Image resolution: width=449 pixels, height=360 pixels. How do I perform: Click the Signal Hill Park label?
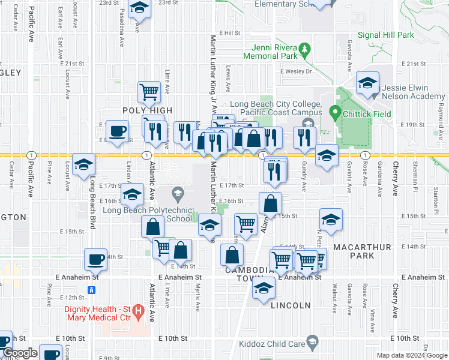click(386, 35)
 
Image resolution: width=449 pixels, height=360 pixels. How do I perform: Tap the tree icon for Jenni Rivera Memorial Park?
click(305, 47)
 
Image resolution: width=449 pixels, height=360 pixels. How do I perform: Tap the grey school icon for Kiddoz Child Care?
click(312, 343)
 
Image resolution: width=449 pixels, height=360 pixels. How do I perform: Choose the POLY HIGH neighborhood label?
click(147, 110)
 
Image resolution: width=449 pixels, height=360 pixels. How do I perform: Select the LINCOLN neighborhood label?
click(291, 305)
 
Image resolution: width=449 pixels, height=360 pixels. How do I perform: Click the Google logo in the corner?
click(20, 353)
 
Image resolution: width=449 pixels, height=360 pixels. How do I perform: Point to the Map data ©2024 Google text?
click(411, 355)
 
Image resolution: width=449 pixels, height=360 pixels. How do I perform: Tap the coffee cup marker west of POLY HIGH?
click(118, 131)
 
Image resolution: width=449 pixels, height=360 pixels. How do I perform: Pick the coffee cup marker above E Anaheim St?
click(95, 259)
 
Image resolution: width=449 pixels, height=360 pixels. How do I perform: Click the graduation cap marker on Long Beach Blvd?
click(84, 164)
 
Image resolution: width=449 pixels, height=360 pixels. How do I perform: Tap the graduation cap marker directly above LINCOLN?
click(262, 288)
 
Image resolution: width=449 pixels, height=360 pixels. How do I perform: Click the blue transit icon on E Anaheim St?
click(92, 290)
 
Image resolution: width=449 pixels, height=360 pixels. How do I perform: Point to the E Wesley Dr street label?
click(297, 71)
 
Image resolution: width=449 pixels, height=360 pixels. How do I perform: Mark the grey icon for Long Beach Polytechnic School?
click(177, 193)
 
